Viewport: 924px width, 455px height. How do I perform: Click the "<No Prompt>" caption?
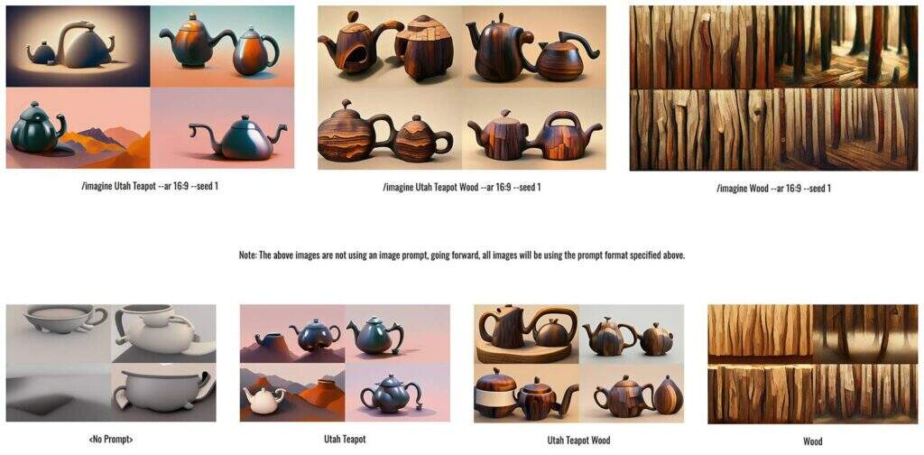110,439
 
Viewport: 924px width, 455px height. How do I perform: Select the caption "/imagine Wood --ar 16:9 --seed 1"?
773,189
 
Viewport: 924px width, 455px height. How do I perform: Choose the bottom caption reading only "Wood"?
813,441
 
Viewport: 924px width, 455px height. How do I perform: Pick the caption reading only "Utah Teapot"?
345,439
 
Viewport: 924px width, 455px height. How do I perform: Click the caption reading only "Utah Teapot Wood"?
578,440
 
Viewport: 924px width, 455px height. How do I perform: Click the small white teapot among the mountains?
263,400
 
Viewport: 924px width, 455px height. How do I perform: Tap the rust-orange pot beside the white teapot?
323,394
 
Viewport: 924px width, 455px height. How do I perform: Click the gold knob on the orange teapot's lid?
193,16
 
